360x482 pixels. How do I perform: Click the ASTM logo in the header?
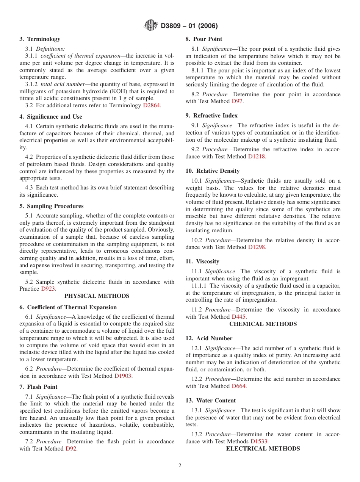(x=151, y=26)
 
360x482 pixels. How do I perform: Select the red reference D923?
(x=48, y=289)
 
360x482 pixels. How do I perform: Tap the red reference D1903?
(x=123, y=376)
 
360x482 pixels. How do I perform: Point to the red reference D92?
(x=71, y=449)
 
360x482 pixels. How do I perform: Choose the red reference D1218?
(x=257, y=156)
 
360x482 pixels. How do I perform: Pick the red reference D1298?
(x=257, y=247)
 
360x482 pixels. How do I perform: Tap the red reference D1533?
(x=259, y=441)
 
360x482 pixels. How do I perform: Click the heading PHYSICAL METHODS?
(x=97, y=296)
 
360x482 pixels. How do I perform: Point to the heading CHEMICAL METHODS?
(x=263, y=324)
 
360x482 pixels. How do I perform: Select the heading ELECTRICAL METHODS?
(x=263, y=449)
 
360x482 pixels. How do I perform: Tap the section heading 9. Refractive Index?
(x=211, y=116)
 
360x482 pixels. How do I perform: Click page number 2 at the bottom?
(x=180, y=466)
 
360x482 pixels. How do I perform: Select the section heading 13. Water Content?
(x=211, y=401)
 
